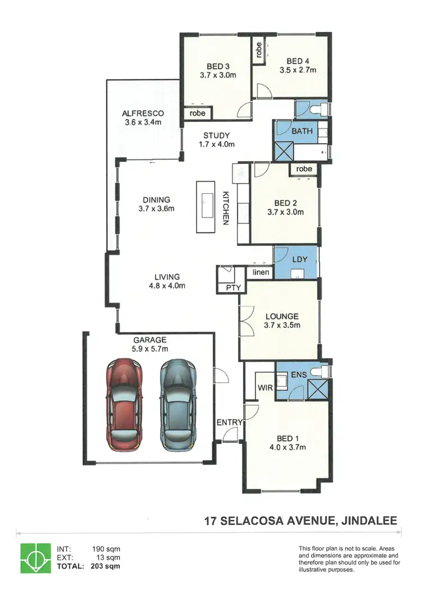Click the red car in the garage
tap(124, 405)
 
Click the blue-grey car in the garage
tap(178, 405)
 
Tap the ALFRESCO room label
tap(143, 113)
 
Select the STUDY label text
tap(216, 135)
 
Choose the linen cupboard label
tap(260, 273)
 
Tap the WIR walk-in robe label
tap(264, 388)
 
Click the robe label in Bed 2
tap(304, 169)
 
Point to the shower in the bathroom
tap(283, 152)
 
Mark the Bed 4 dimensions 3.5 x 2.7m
tap(298, 71)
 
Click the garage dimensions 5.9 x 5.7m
tap(150, 349)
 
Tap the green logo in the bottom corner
tap(33, 558)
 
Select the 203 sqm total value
tap(107, 566)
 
